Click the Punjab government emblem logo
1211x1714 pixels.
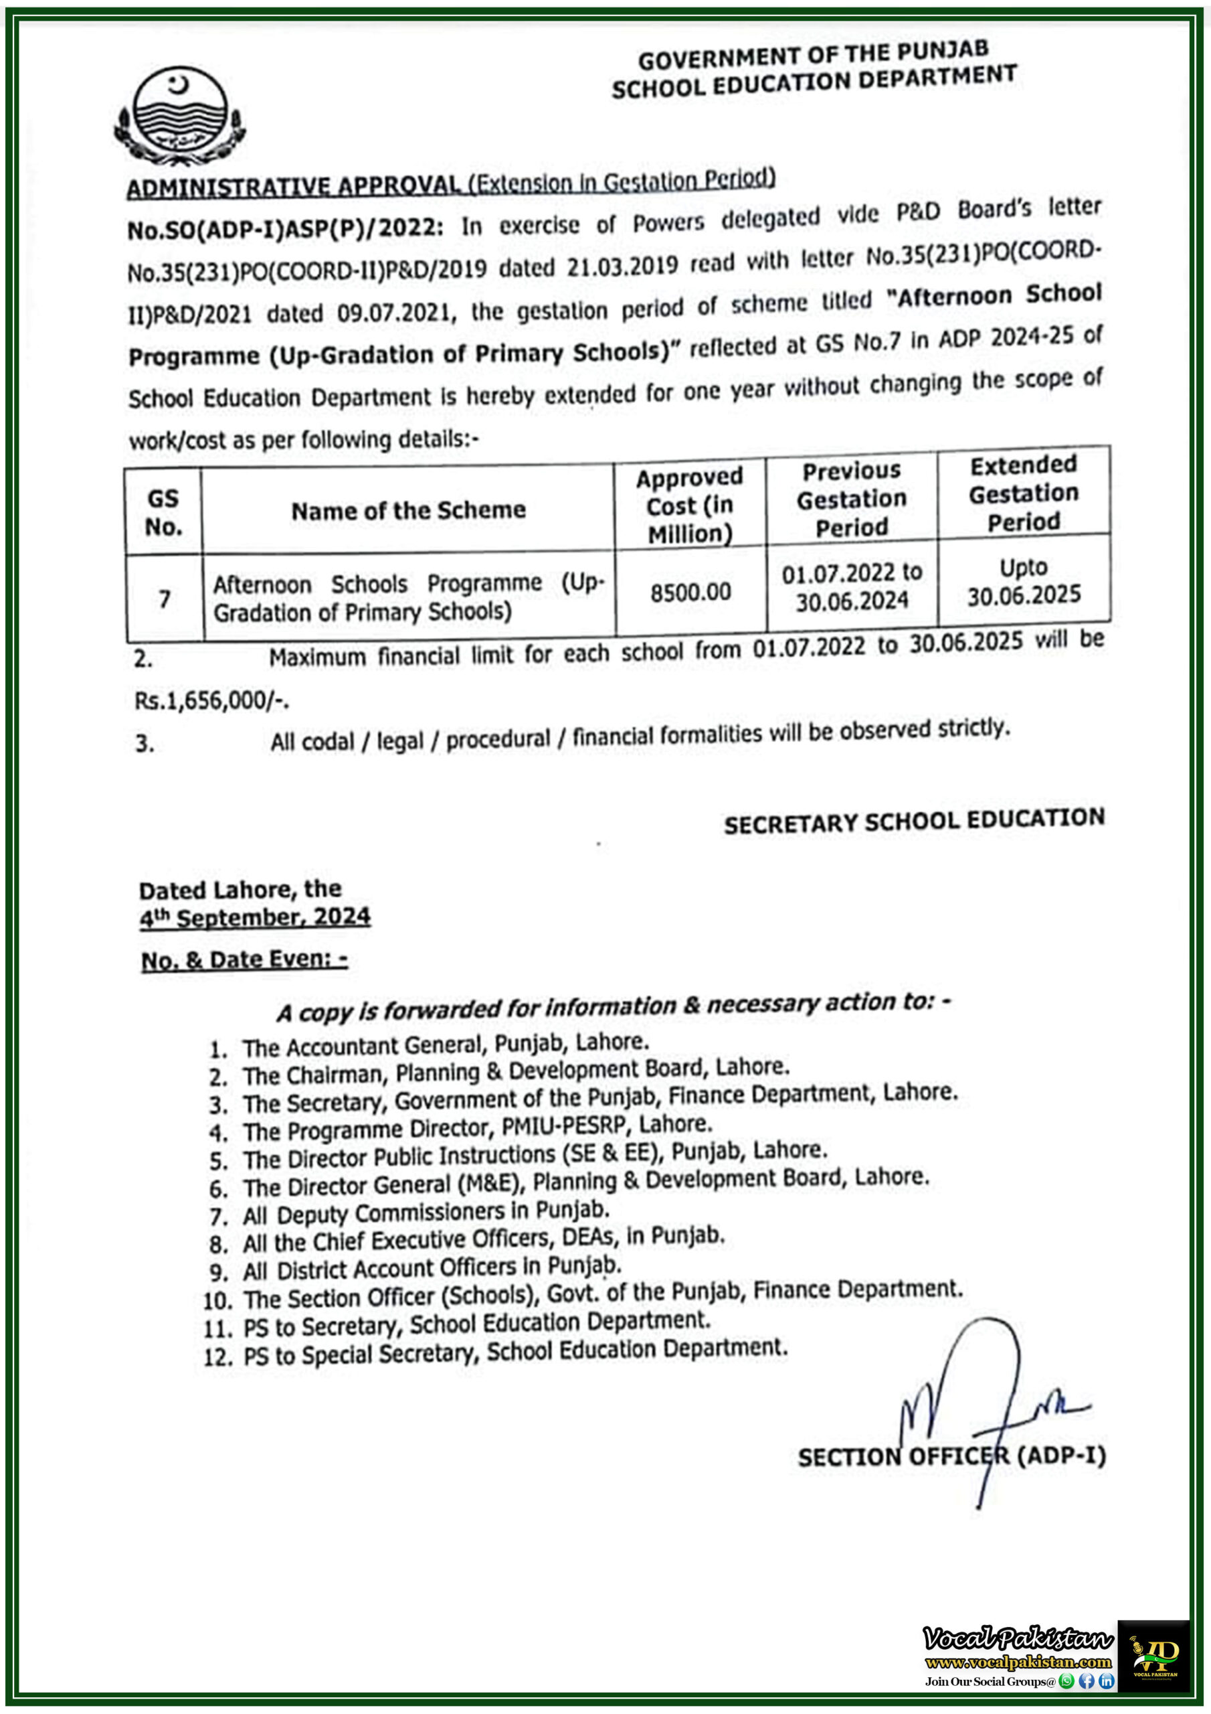(x=180, y=116)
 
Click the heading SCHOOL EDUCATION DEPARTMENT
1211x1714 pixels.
(x=814, y=82)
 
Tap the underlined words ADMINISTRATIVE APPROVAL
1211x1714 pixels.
(x=293, y=187)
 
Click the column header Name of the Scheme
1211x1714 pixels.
(x=408, y=511)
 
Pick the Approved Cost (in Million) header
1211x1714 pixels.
(x=689, y=505)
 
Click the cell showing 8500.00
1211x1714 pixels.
(x=690, y=592)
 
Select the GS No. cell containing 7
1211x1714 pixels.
(x=164, y=599)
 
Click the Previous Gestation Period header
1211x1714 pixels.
(x=851, y=499)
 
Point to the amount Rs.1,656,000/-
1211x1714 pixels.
(x=212, y=701)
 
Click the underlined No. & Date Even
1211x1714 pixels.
(x=244, y=960)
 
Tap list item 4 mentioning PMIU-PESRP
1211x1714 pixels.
(x=478, y=1128)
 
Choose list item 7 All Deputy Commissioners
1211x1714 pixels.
(x=426, y=1213)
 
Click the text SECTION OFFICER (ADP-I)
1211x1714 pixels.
(x=951, y=1456)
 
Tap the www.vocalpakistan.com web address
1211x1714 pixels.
(x=1018, y=1662)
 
